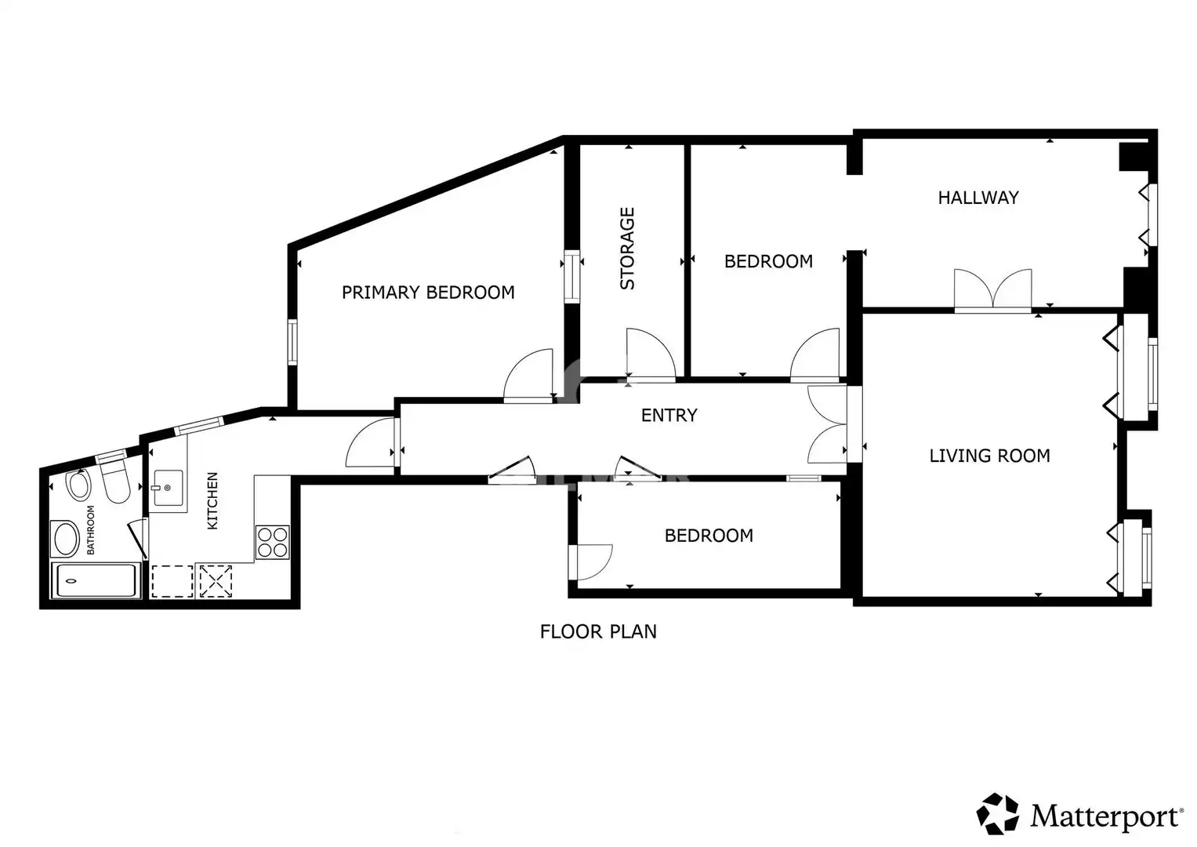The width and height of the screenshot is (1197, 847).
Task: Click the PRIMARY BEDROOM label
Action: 428,293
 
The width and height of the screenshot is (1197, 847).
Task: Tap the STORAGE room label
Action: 627,249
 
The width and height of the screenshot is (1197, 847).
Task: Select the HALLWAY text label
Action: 978,198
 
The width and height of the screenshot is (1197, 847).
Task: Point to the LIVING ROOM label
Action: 990,456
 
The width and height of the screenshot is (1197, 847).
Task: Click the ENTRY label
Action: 669,415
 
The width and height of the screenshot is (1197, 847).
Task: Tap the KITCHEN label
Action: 212,500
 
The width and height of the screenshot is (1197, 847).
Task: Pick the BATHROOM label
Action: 90,529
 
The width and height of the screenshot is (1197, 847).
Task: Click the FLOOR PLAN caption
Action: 598,631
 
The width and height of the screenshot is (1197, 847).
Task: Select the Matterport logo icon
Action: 997,814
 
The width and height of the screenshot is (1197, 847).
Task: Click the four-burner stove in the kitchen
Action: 273,542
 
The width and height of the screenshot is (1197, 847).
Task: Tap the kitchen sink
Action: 168,488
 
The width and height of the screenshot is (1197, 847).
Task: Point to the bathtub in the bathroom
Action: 96,580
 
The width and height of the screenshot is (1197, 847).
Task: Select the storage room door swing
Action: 651,354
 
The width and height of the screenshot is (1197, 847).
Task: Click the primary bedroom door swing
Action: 528,374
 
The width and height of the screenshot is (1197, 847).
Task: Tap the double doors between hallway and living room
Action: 993,289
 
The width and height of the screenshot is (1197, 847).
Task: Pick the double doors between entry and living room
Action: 827,424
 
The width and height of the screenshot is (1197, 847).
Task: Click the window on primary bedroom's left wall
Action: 292,342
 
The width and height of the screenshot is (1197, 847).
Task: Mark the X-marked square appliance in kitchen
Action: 216,581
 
